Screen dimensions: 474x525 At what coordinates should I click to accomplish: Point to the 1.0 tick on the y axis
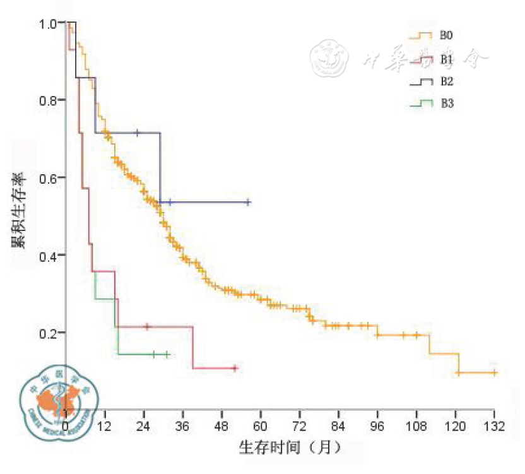[x=49, y=23]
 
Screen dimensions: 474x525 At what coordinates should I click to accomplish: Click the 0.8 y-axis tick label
[x=49, y=100]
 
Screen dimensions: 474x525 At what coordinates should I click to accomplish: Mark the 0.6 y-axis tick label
[x=49, y=178]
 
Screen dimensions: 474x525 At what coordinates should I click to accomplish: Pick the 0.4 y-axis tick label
[x=49, y=256]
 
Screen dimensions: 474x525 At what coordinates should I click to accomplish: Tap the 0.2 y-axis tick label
[x=49, y=333]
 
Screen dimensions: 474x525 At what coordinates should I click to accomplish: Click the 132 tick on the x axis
[x=494, y=427]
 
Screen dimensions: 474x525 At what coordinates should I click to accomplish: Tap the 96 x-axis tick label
[x=377, y=427]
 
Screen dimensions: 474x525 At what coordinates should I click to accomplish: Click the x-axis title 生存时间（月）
[x=290, y=447]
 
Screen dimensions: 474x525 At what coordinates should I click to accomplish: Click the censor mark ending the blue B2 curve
[x=248, y=202]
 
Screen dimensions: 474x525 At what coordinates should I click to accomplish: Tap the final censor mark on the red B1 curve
[x=235, y=367]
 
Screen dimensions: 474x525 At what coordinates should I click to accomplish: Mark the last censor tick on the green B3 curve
[x=167, y=354]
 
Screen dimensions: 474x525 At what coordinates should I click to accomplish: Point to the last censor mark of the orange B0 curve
[x=494, y=372]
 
